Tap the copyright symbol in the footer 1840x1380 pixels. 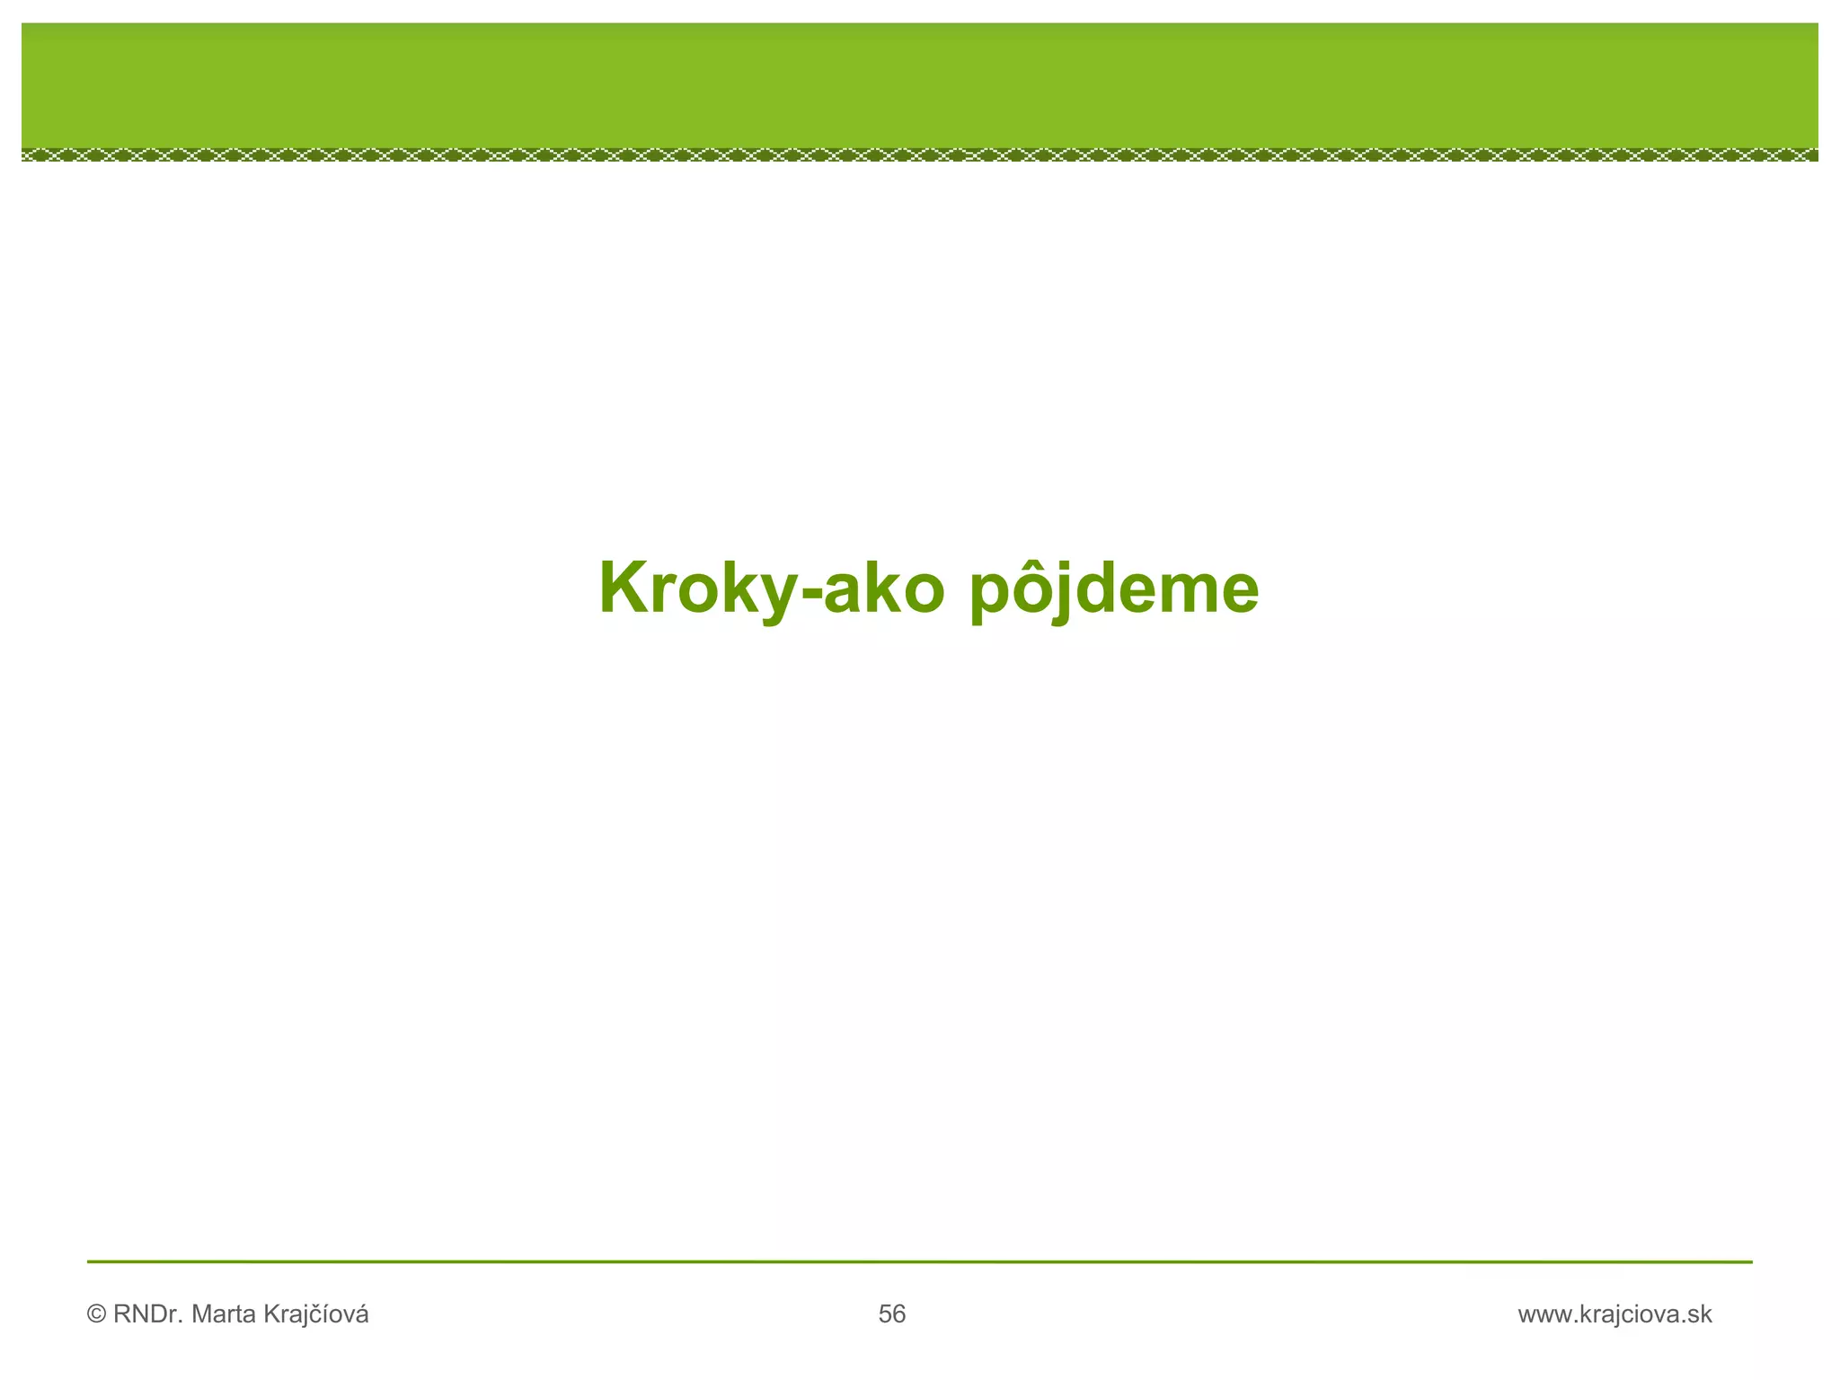pos(96,1315)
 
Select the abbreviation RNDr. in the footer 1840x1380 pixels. pos(149,1315)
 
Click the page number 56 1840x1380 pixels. pos(892,1315)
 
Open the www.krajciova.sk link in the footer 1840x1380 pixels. pos(1614,1315)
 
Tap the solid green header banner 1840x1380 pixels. pos(920,85)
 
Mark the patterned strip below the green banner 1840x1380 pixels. pos(920,155)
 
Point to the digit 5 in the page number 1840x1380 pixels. pos(885,1315)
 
